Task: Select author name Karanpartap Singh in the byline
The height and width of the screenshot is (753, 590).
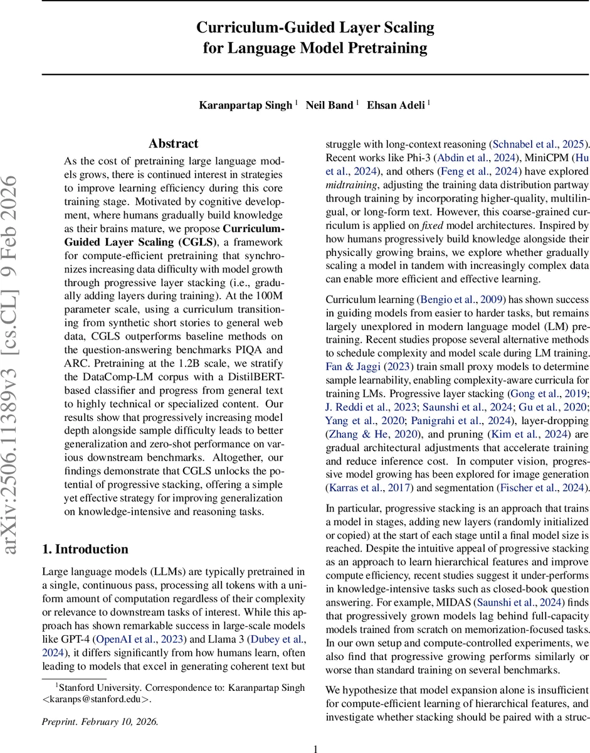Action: pos(246,105)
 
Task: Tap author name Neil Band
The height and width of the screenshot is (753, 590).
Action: pos(329,105)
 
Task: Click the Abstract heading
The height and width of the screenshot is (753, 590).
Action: pos(174,144)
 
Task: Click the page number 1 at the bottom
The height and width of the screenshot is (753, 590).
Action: pos(316,748)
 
